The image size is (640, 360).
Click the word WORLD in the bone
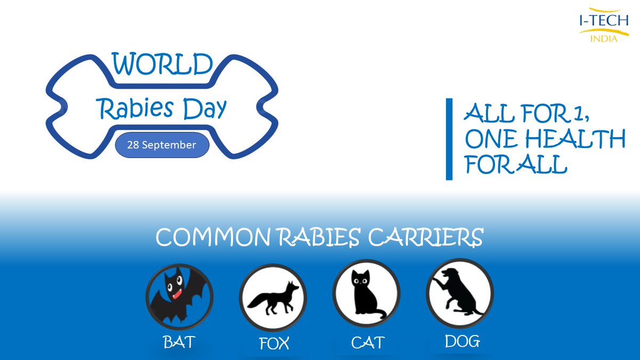click(x=163, y=65)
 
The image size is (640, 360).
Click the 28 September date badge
click(x=162, y=145)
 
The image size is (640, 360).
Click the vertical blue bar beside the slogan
click(x=449, y=139)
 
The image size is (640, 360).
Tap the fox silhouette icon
click(x=273, y=298)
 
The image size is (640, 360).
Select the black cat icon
click(x=366, y=297)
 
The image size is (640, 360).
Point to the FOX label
click(x=274, y=342)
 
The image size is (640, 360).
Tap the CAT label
click(x=367, y=342)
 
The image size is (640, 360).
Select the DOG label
click(x=462, y=341)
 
